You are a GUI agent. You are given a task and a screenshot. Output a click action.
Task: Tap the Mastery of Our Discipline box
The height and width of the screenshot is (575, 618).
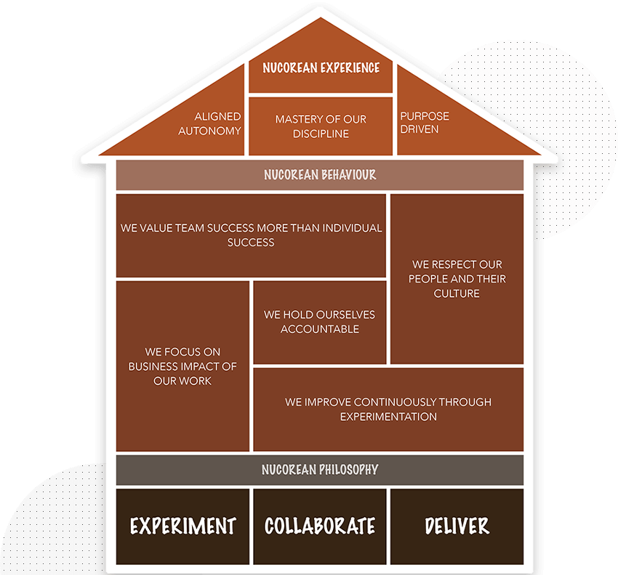pyautogui.click(x=321, y=126)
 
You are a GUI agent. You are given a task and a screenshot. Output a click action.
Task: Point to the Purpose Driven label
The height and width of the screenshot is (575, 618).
pyautogui.click(x=425, y=123)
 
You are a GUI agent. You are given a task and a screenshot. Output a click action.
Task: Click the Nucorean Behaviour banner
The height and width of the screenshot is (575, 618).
pyautogui.click(x=320, y=175)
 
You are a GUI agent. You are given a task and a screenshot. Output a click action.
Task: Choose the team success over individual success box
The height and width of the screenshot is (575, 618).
pyautogui.click(x=251, y=235)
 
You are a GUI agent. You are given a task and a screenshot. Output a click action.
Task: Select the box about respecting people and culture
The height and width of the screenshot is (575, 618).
pyautogui.click(x=457, y=279)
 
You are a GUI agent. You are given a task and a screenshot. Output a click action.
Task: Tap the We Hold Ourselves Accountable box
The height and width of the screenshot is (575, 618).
pyautogui.click(x=320, y=322)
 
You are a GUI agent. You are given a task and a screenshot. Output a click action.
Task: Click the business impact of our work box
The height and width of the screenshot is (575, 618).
pyautogui.click(x=183, y=367)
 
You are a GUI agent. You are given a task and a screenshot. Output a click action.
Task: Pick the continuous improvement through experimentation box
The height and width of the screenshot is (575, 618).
pyautogui.click(x=388, y=409)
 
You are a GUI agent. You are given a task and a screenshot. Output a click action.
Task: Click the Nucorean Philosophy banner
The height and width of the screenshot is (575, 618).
pyautogui.click(x=320, y=470)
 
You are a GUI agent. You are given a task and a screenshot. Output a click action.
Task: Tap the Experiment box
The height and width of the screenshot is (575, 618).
pyautogui.click(x=183, y=526)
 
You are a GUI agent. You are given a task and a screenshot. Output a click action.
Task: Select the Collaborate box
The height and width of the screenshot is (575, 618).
pyautogui.click(x=320, y=526)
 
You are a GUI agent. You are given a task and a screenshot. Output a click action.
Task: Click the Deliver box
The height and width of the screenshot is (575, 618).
pyautogui.click(x=457, y=526)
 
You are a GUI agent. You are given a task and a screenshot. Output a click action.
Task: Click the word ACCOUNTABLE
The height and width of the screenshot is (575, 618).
pyautogui.click(x=320, y=329)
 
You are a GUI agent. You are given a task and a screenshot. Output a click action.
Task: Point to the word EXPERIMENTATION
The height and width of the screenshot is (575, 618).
pyautogui.click(x=388, y=417)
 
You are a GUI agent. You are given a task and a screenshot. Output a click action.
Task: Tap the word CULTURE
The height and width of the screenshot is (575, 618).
pyautogui.click(x=457, y=293)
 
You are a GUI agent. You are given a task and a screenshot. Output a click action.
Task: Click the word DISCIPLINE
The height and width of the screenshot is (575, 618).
pyautogui.click(x=321, y=134)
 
